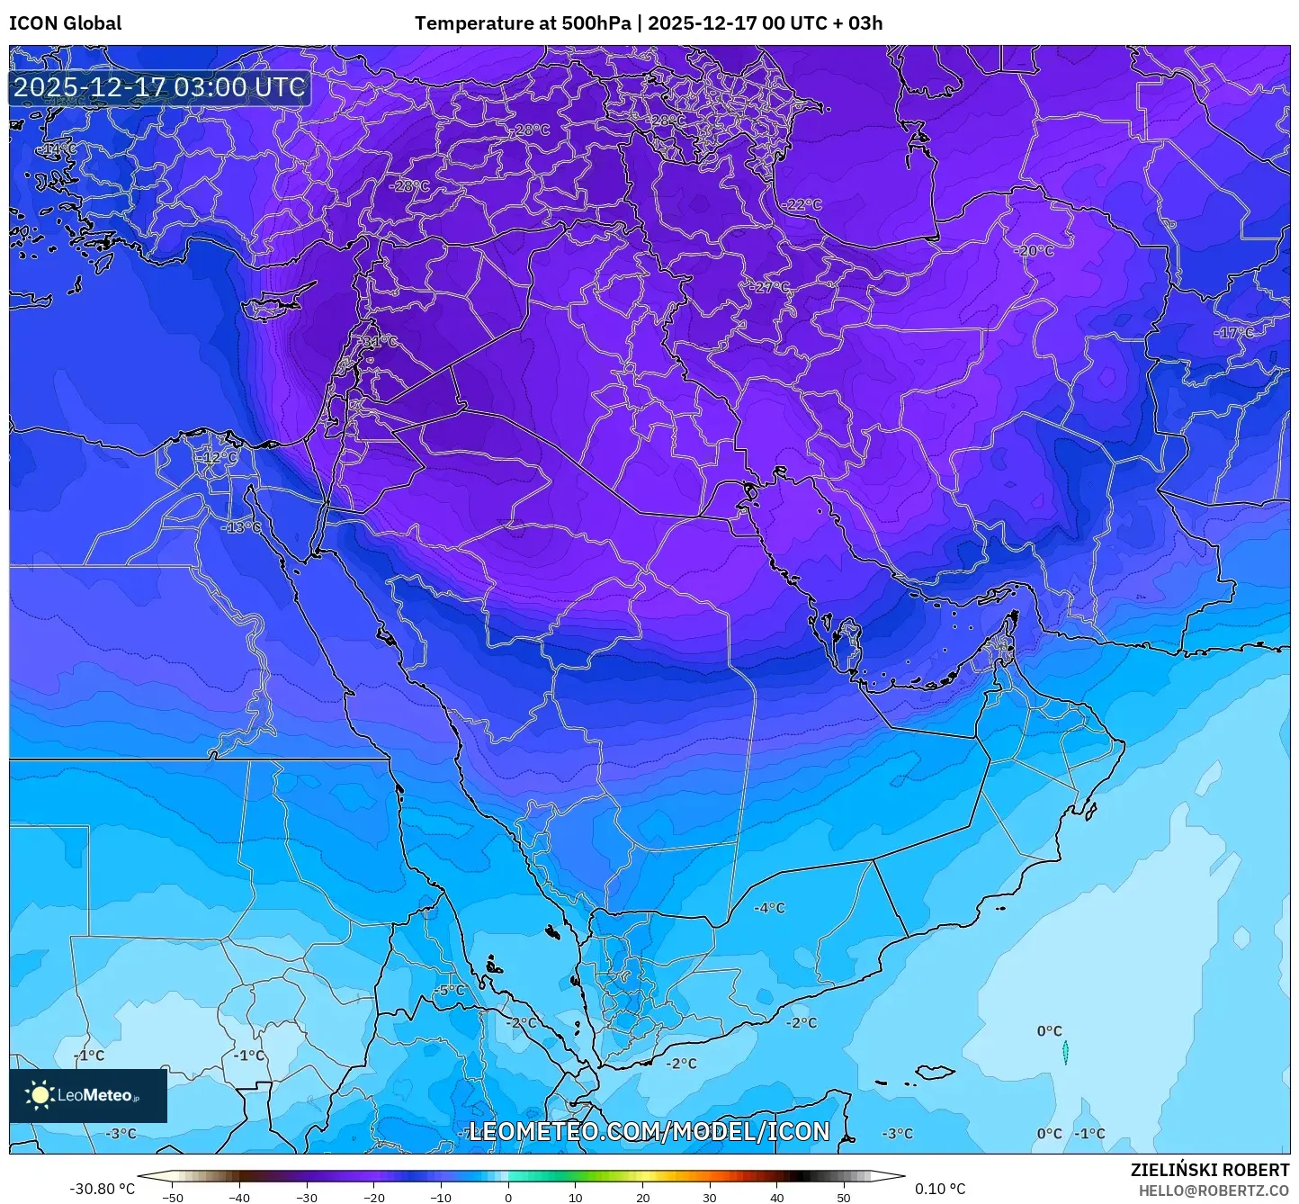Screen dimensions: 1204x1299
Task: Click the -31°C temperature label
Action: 379,342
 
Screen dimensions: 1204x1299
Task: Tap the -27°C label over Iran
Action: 770,287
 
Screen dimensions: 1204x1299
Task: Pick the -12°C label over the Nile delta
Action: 218,457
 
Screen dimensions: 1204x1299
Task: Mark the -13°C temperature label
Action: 241,526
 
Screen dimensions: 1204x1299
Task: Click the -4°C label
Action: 769,908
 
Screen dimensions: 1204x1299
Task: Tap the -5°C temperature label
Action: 449,990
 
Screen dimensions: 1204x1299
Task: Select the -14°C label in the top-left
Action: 58,148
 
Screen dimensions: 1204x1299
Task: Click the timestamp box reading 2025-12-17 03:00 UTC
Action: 159,87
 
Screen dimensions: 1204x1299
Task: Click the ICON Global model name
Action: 65,23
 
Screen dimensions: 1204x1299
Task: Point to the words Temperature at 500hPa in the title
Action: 523,23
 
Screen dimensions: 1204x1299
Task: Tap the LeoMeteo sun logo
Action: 40,1095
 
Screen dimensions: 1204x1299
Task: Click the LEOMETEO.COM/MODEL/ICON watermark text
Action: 649,1131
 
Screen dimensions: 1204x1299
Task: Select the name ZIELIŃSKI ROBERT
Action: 1209,1170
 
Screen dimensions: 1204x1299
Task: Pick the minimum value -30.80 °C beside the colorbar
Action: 102,1189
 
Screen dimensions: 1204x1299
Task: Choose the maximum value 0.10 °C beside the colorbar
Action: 940,1189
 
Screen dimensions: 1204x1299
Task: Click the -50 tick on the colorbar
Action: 173,1197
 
